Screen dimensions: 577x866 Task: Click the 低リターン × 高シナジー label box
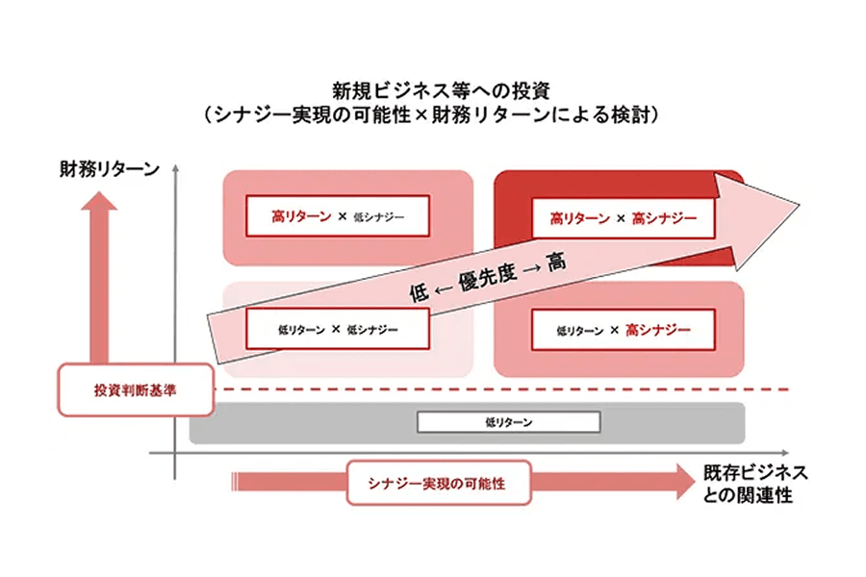[623, 330]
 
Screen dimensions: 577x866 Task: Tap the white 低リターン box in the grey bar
[508, 422]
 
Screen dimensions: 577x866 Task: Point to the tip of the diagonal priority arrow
[800, 204]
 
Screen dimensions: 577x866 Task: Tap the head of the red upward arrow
[98, 201]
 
